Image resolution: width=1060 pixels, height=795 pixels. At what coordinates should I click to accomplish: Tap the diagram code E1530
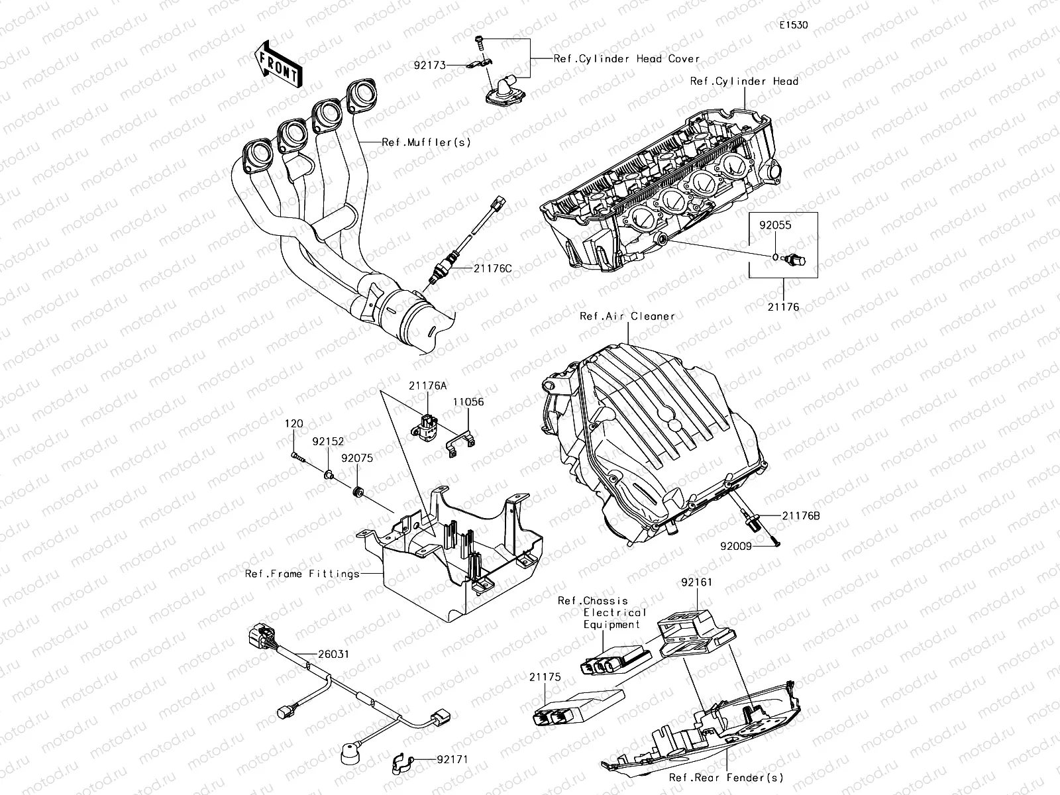793,26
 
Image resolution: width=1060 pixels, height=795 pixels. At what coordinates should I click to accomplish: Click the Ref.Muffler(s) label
426,142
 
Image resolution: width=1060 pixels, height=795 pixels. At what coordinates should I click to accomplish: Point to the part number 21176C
492,268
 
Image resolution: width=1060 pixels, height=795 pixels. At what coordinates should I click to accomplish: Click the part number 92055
775,225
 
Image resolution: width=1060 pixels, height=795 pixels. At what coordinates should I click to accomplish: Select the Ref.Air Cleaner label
627,316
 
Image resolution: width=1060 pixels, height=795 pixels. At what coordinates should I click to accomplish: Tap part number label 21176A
427,386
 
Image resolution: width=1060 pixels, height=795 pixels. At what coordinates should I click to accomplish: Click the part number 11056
468,401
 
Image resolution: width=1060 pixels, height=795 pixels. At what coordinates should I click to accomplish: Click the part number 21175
545,677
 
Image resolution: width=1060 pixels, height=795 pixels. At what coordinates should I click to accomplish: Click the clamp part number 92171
452,759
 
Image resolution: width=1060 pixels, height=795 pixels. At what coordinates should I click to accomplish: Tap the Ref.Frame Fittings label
302,574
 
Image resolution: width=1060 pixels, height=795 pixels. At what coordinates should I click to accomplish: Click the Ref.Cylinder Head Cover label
627,59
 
